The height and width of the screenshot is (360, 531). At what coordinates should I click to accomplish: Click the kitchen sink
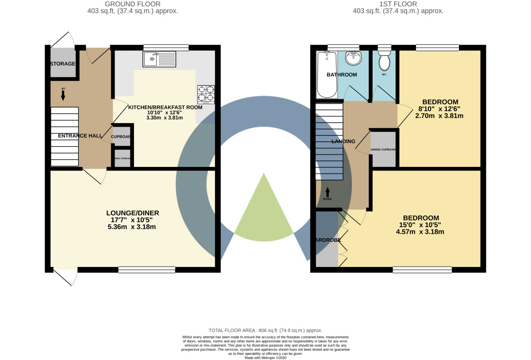(159, 59)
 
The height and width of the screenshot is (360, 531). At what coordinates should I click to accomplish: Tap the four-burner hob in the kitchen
(206, 94)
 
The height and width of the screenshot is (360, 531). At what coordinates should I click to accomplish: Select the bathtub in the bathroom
(327, 75)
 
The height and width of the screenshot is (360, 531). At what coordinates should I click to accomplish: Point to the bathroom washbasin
(353, 58)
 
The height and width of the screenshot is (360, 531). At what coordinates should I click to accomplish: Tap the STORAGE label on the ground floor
(62, 64)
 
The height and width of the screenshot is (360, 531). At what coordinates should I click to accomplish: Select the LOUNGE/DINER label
(133, 213)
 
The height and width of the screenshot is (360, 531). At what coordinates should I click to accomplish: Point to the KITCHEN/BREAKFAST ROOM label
(165, 107)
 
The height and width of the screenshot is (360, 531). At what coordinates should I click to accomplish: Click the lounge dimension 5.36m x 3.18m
(133, 227)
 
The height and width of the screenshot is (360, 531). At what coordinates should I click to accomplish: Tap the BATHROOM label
(342, 74)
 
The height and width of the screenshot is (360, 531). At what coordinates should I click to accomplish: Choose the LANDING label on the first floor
(343, 142)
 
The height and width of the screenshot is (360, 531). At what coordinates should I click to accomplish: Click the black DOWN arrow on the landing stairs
(328, 192)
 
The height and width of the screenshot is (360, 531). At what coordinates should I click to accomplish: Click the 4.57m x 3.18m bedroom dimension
(421, 232)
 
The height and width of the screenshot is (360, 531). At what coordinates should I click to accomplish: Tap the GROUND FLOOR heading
(133, 4)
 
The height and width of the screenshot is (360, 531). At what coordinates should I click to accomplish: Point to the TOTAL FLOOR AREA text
(265, 330)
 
